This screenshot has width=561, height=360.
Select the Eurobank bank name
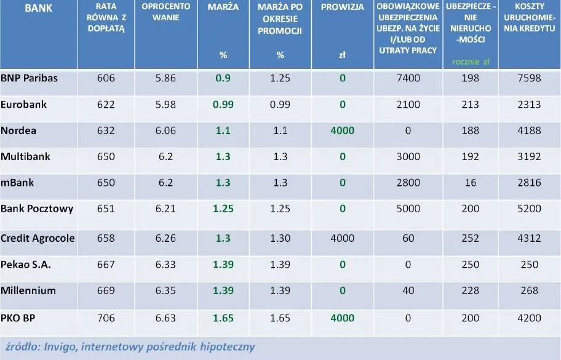tap(24, 105)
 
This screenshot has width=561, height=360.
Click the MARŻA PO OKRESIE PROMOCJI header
tap(280, 18)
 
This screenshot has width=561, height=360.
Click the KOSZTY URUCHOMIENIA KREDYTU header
tap(530, 18)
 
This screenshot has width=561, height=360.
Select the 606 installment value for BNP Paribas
tap(106, 79)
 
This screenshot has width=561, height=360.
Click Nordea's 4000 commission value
tap(342, 131)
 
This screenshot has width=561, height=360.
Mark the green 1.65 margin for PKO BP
tap(223, 318)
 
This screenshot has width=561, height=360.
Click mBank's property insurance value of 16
tap(469, 183)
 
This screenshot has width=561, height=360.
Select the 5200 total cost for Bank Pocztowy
tap(530, 209)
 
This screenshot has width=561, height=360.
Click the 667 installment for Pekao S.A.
tap(106, 265)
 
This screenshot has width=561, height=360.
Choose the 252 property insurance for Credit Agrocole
tap(469, 238)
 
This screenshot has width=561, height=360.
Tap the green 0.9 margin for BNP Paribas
tap(223, 79)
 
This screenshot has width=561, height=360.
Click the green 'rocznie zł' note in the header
tap(470, 62)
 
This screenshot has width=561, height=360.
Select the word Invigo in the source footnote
tap(58, 346)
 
